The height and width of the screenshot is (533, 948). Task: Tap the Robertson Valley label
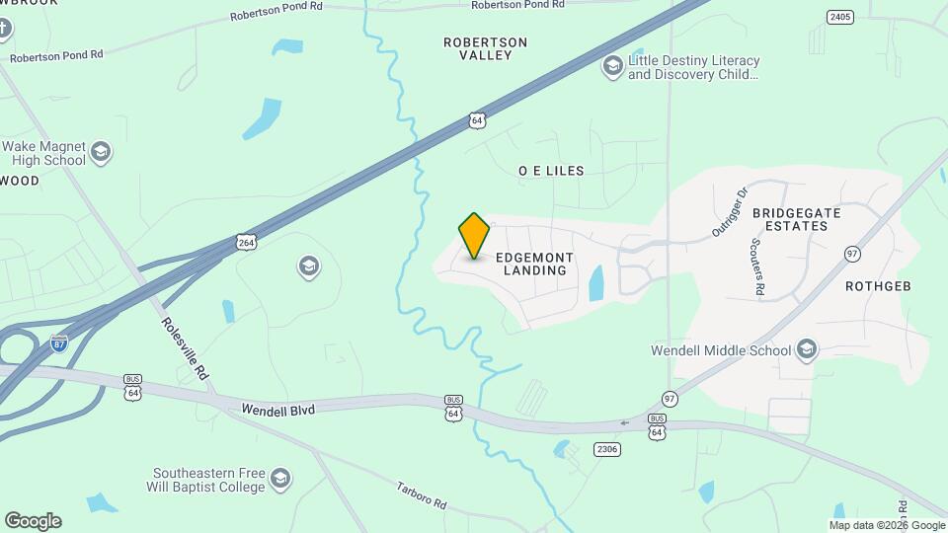pos(485,48)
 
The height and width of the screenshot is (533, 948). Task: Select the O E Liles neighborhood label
pos(551,171)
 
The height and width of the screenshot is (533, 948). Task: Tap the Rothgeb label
pos(877,286)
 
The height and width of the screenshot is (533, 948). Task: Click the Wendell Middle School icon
pos(808,349)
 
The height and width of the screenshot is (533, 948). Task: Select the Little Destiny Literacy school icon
pos(612,67)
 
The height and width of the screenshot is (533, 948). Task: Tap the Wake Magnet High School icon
pos(100,152)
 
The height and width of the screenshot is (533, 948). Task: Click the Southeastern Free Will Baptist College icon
pos(280,479)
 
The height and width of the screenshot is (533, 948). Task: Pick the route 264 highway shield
pos(246,242)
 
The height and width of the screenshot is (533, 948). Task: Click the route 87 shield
pos(60,343)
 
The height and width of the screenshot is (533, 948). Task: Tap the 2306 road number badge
pos(607,449)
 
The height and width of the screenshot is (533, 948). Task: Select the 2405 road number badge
pos(840,17)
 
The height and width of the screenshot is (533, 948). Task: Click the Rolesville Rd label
pos(185,348)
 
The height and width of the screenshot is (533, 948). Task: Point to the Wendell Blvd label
pos(277,408)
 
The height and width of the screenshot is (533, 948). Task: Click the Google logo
pos(33,521)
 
